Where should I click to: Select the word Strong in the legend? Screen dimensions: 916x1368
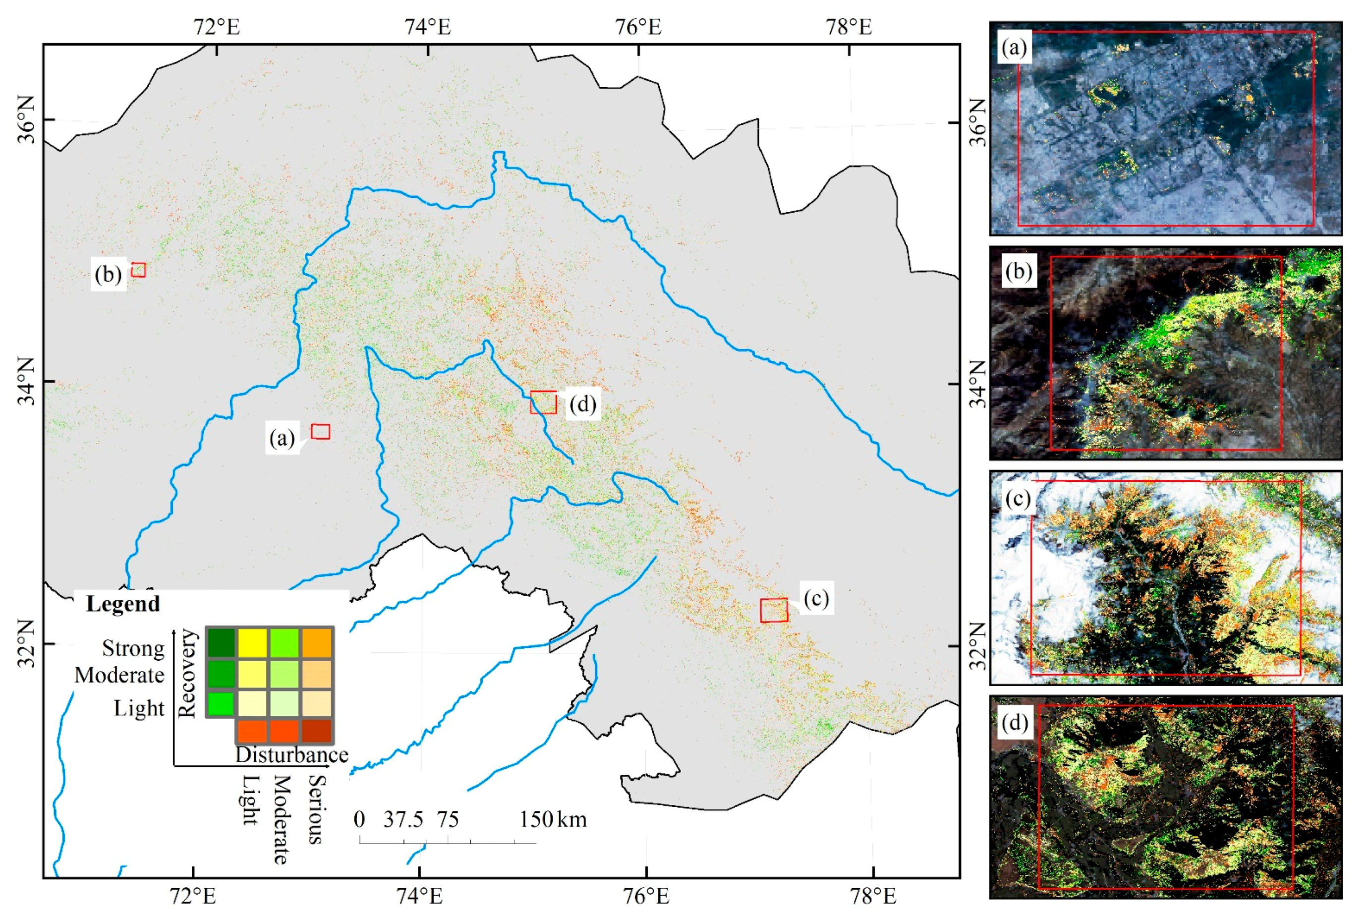coord(133,648)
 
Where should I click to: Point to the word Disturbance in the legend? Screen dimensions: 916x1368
coord(291,755)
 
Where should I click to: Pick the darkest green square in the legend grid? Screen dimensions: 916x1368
coord(221,642)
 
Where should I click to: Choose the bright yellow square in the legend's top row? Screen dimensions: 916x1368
coord(252,642)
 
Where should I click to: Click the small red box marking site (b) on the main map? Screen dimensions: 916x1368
coord(138,269)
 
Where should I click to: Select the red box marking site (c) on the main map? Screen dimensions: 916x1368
coord(773,610)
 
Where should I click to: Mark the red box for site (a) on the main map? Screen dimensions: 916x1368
coord(320,432)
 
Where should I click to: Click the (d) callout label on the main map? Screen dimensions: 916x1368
coord(583,403)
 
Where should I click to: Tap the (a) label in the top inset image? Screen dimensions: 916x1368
coord(1014,47)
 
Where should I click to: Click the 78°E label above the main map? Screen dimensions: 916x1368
coord(849,27)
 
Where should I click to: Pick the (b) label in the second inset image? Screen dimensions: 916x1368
coord(1018,272)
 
